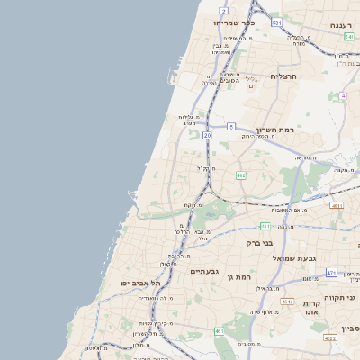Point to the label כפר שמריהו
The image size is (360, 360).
[x=236, y=22]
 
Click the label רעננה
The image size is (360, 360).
[x=340, y=25]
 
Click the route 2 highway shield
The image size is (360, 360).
[x=222, y=11]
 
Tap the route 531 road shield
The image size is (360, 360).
[x=275, y=22]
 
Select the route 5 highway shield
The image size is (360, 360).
[x=231, y=126]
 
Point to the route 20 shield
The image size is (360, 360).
[x=207, y=135]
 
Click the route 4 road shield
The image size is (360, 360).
[x=343, y=95]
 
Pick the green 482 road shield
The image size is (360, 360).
[x=241, y=175]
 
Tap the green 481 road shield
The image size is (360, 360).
[x=265, y=226]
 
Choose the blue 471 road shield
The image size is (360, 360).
[x=331, y=273]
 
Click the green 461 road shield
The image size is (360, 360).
[x=219, y=331]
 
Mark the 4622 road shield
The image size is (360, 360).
[x=329, y=337]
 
